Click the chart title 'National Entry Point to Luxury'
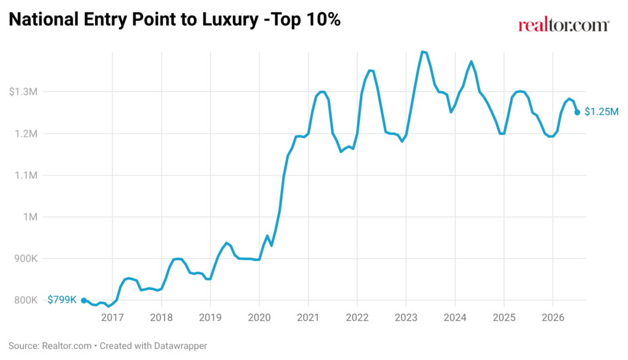click(133, 20)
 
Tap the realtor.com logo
click(564, 25)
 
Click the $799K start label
click(62, 299)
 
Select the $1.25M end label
click(602, 112)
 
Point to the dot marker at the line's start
click(83, 301)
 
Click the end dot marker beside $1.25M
click(577, 112)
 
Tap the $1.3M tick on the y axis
click(23, 92)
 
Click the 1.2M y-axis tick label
click(26, 134)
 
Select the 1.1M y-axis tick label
click(26, 175)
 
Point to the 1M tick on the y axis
click(30, 217)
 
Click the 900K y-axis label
click(26, 259)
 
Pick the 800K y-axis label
click(26, 301)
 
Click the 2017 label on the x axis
click(112, 318)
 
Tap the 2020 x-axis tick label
click(259, 318)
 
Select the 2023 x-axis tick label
click(406, 318)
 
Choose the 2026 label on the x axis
click(553, 318)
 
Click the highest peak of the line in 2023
click(422, 52)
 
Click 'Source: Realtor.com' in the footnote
click(50, 345)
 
